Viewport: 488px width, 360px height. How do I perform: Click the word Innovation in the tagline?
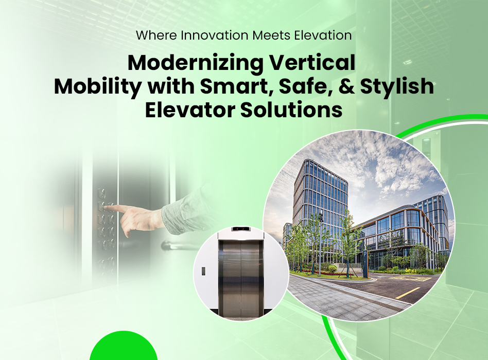pyautogui.click(x=214, y=35)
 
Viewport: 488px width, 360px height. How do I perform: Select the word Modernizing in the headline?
pyautogui.click(x=196, y=64)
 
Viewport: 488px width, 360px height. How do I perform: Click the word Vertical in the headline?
pyautogui.click(x=312, y=63)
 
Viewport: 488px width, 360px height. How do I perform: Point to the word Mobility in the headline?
pyautogui.click(x=98, y=87)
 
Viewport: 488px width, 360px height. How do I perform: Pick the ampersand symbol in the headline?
pyautogui.click(x=347, y=86)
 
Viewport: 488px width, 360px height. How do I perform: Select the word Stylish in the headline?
pyautogui.click(x=397, y=87)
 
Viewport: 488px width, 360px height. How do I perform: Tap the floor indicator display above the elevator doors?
pyautogui.click(x=240, y=229)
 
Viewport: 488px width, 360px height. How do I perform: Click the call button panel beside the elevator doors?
pyautogui.click(x=203, y=271)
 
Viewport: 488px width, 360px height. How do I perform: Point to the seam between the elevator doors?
pyautogui.click(x=240, y=278)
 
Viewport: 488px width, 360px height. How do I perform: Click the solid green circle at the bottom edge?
pyautogui.click(x=124, y=346)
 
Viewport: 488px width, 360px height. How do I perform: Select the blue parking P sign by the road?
pyautogui.click(x=365, y=264)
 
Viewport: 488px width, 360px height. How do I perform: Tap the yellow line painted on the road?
pyautogui.click(x=408, y=293)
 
